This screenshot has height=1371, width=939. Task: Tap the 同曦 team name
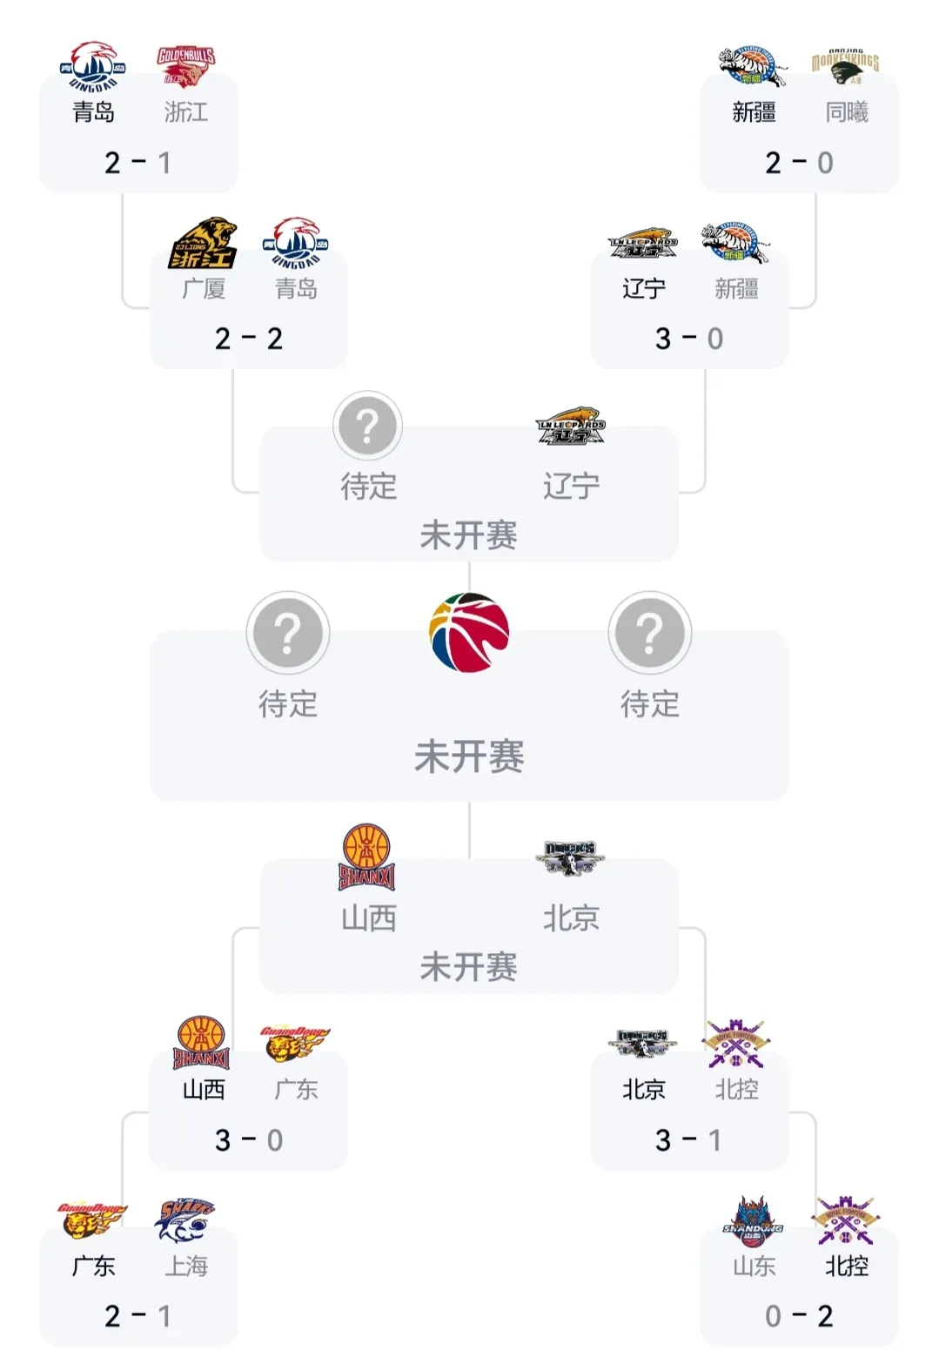pos(846,112)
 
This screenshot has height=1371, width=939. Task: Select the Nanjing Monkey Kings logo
pos(845,66)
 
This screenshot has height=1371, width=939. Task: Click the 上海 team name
pos(186,1266)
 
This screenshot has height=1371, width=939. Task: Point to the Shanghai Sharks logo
pos(184,1220)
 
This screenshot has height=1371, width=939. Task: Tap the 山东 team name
pos(754,1266)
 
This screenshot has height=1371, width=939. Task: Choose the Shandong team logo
pos(754,1220)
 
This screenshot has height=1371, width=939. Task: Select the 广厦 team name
pos(204,288)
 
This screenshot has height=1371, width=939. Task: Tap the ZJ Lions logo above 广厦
pos(203,243)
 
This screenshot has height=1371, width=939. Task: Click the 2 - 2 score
pos(249,339)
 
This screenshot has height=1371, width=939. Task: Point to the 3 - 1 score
pos(688,1140)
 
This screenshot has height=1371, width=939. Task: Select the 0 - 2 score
pos(799,1316)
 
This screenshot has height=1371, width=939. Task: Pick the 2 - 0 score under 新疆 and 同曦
pos(799,163)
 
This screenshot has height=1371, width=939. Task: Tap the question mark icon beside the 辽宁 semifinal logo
pos(367,426)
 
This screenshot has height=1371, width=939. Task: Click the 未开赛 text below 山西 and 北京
pos(469,966)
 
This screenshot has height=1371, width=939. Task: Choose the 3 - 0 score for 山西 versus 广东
pos(249,1140)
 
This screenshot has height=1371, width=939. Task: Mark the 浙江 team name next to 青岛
pos(185,112)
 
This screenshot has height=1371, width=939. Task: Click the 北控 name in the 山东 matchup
pos(846,1266)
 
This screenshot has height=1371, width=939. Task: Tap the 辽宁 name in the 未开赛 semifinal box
pos(571,486)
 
